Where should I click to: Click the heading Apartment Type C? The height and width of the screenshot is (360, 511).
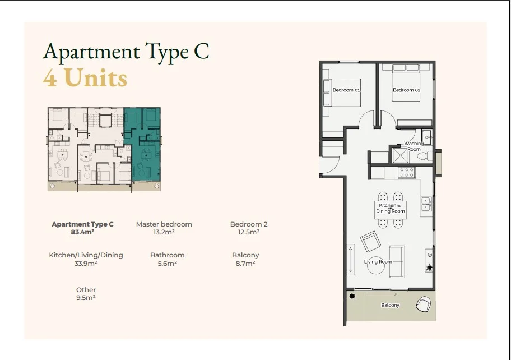pyautogui.click(x=126, y=52)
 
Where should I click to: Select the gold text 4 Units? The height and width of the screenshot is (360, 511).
pyautogui.click(x=85, y=78)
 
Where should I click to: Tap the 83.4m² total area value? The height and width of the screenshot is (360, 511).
pyautogui.click(x=82, y=232)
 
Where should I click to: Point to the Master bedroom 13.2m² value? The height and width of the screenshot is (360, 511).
pyautogui.click(x=164, y=232)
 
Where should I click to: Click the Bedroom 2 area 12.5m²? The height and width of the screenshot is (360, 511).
pyautogui.click(x=249, y=232)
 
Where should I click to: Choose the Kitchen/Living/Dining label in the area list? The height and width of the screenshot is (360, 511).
pyautogui.click(x=86, y=255)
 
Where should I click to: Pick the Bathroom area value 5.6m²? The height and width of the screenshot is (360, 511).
pyautogui.click(x=167, y=264)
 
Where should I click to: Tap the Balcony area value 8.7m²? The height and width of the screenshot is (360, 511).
pyautogui.click(x=245, y=264)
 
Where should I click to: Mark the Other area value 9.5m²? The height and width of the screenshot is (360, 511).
pyautogui.click(x=86, y=298)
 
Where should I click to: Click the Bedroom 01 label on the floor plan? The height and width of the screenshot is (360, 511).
pyautogui.click(x=346, y=90)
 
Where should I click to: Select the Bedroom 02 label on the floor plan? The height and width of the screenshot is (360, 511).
pyautogui.click(x=406, y=90)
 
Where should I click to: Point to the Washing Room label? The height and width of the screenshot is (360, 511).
pyautogui.click(x=414, y=146)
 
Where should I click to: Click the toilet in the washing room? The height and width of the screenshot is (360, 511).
pyautogui.click(x=424, y=156)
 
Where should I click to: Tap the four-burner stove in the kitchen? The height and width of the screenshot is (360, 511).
pyautogui.click(x=407, y=172)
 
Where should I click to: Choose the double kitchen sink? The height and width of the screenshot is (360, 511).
pyautogui.click(x=426, y=204)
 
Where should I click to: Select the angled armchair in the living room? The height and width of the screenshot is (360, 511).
pyautogui.click(x=370, y=241)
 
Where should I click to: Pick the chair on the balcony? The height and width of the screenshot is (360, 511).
pyautogui.click(x=424, y=304)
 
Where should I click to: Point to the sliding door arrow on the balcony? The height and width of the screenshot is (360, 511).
pyautogui.click(x=382, y=294)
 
